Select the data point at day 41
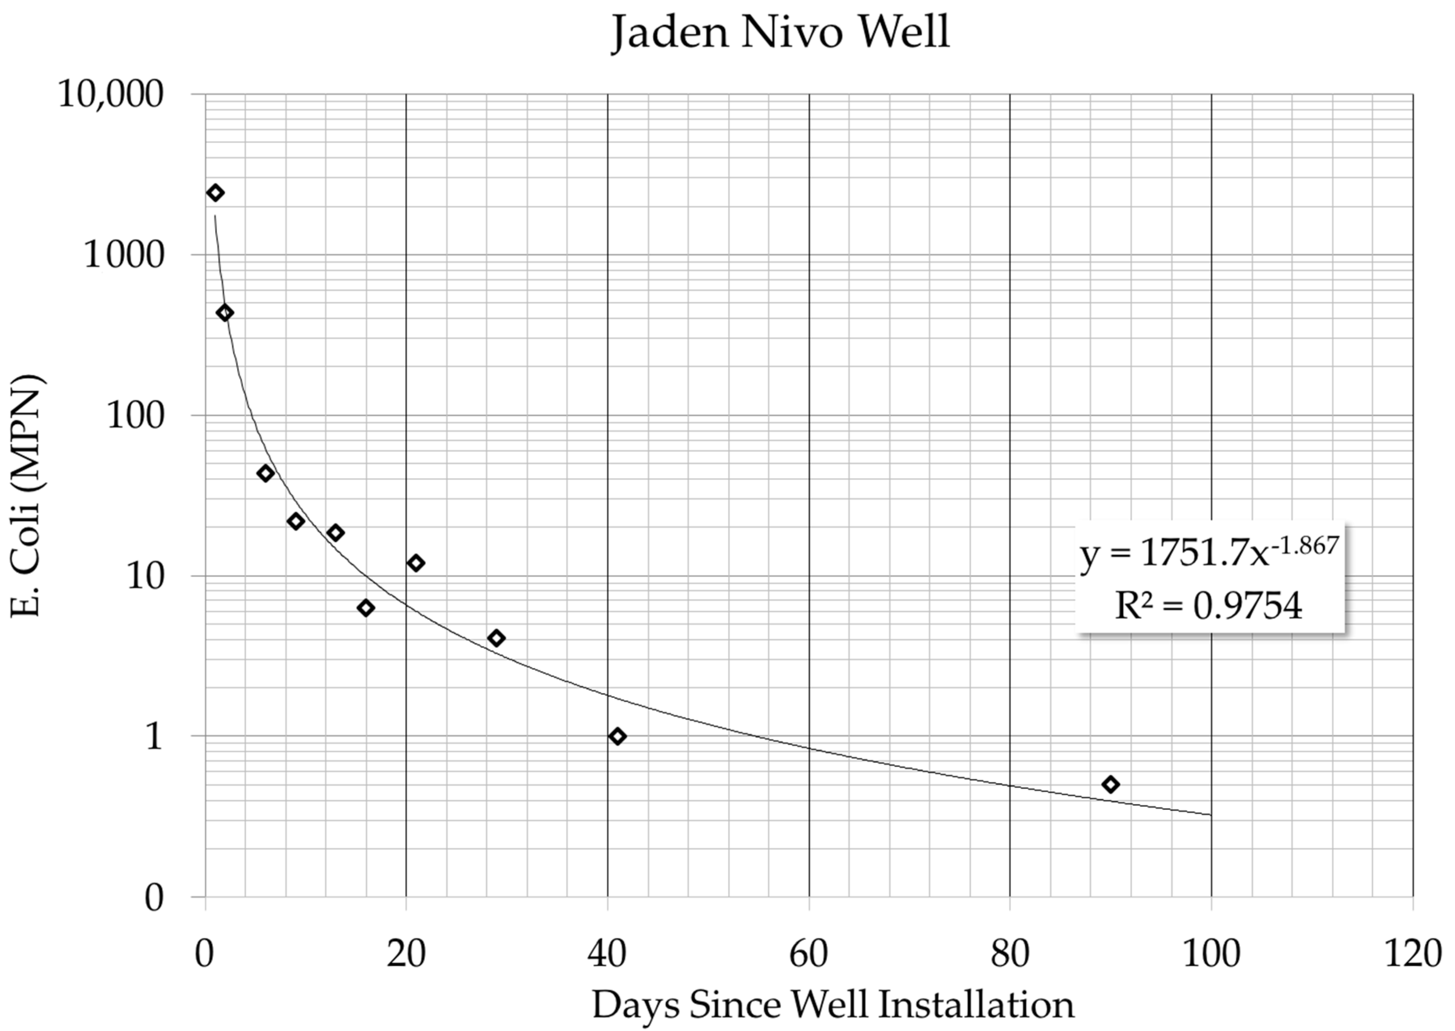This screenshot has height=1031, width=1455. tap(617, 736)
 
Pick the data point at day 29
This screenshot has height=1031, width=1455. tap(497, 638)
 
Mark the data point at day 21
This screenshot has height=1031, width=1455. tap(416, 563)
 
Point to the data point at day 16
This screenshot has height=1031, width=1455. tap(366, 608)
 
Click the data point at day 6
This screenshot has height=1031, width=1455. tap(265, 473)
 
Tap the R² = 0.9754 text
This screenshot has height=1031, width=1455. tap(1209, 606)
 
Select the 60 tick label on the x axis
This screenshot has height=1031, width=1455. tap(809, 953)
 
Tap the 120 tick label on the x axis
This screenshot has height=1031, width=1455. tap(1413, 953)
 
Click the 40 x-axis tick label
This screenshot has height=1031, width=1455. tap(607, 953)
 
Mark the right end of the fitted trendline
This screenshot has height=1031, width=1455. tap(1211, 815)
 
